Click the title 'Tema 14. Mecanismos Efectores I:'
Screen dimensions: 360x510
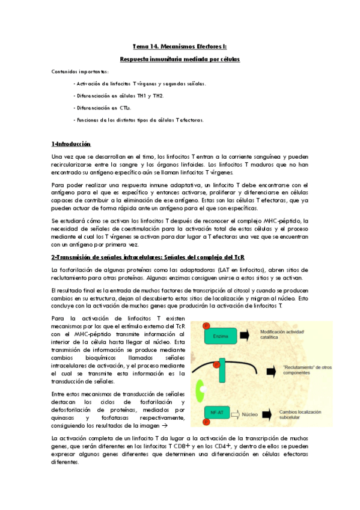pos(180,46)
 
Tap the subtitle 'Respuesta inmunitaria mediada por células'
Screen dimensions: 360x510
pos(180,59)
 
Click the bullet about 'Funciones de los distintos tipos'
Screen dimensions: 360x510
pos(138,120)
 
